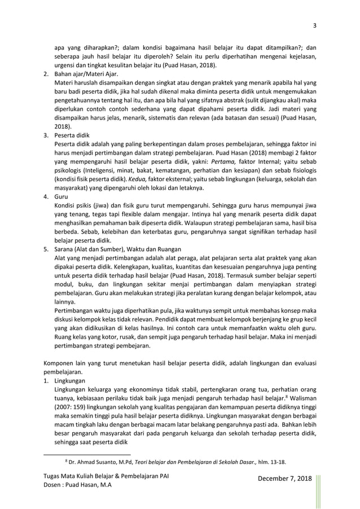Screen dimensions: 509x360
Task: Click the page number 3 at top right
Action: click(x=315, y=24)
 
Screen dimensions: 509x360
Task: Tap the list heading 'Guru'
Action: click(x=60, y=198)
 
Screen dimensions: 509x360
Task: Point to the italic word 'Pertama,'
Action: click(x=216, y=161)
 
